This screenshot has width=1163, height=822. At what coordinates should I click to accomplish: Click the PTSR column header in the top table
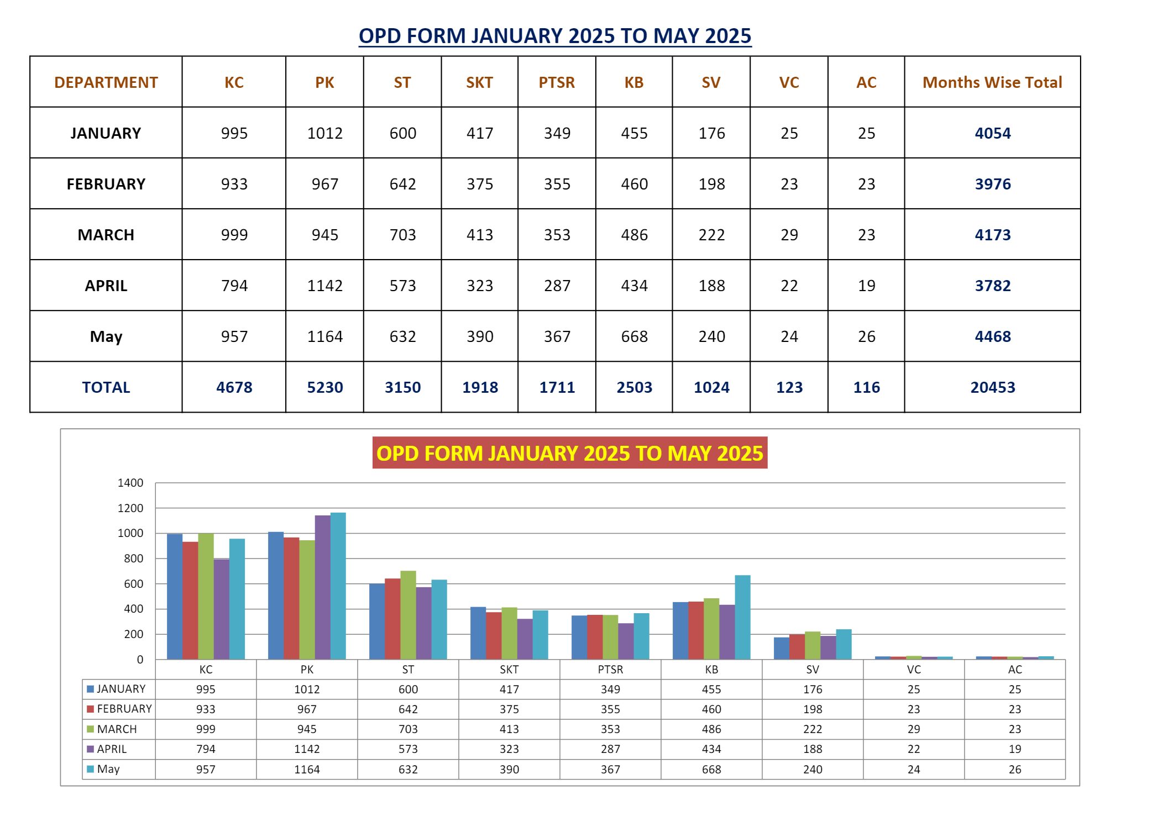click(557, 82)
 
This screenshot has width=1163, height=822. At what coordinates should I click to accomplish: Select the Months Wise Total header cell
click(992, 82)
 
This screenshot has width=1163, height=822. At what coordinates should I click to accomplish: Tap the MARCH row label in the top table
click(106, 235)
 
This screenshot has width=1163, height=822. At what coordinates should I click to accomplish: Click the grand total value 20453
click(992, 387)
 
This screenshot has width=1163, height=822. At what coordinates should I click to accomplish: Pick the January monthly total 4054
click(992, 133)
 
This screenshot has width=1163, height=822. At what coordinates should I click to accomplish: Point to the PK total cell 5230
click(325, 387)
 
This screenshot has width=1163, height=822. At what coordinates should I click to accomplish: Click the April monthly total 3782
click(992, 286)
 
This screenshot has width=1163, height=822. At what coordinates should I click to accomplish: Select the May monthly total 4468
click(992, 336)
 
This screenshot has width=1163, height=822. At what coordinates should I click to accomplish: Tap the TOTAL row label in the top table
click(106, 387)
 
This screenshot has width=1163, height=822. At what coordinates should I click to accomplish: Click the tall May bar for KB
click(742, 617)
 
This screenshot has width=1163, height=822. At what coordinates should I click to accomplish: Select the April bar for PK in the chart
click(323, 587)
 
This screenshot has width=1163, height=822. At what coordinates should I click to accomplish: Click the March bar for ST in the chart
click(408, 615)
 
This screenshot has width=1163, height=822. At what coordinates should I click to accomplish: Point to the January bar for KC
click(175, 597)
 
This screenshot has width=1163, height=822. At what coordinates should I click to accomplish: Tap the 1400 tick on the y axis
click(130, 483)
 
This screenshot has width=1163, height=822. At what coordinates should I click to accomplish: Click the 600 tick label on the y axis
click(133, 584)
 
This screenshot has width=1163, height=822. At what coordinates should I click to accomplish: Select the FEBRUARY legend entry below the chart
click(124, 709)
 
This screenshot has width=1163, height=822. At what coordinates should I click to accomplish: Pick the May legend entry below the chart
click(108, 769)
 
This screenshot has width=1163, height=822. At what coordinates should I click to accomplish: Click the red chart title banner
click(569, 453)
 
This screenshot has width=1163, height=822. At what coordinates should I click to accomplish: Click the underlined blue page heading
click(554, 36)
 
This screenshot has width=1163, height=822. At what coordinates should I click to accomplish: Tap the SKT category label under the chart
click(509, 670)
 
